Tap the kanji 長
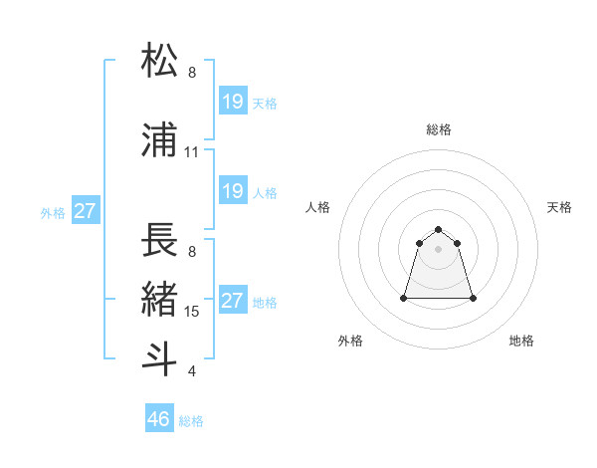coord(160,239)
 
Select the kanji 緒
coord(160,299)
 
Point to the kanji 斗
coord(160,358)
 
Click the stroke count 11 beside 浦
coord(191,152)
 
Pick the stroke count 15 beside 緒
coord(192,312)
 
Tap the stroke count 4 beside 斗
coord(192,371)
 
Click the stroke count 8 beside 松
coord(192,73)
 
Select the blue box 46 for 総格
coord(159,419)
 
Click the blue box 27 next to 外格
coord(85,211)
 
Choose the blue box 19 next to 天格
coord(233,102)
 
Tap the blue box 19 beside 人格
coord(233,191)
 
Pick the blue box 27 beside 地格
coord(233,301)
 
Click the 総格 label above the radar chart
coord(439,129)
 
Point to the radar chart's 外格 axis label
coord(350,341)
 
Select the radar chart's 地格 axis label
coord(521,341)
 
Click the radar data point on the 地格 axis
coord(473,298)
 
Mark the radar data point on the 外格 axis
coord(405,298)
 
